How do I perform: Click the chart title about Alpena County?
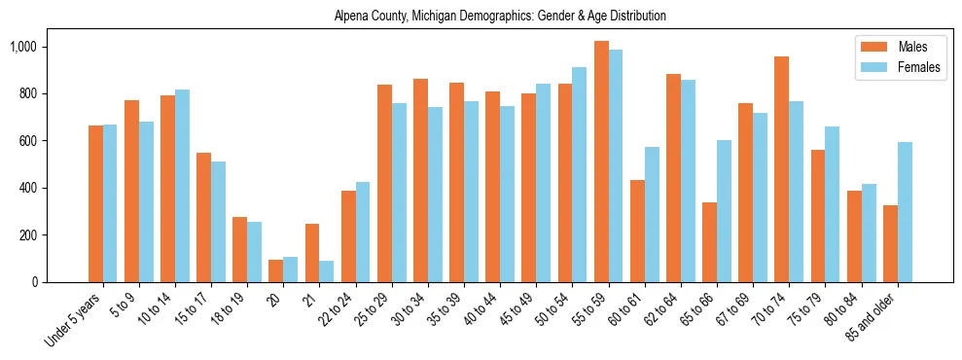point(500,17)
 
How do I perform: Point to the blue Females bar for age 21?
point(326,271)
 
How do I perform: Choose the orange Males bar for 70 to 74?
point(782,169)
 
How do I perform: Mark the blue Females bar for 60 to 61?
point(652,214)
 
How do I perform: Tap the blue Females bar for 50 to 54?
point(580,174)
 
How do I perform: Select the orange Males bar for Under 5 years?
point(95,203)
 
